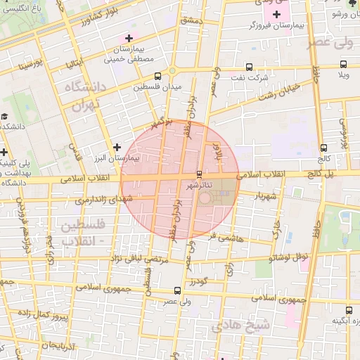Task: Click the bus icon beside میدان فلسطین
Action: [x=157, y=76]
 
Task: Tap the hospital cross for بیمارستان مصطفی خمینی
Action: [x=128, y=38]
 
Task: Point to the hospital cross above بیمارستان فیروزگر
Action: [x=277, y=14]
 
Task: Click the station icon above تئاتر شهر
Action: [x=199, y=174]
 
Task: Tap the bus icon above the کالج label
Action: [x=323, y=148]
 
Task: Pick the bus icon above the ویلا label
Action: [x=344, y=63]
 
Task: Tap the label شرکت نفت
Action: [x=252, y=77]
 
